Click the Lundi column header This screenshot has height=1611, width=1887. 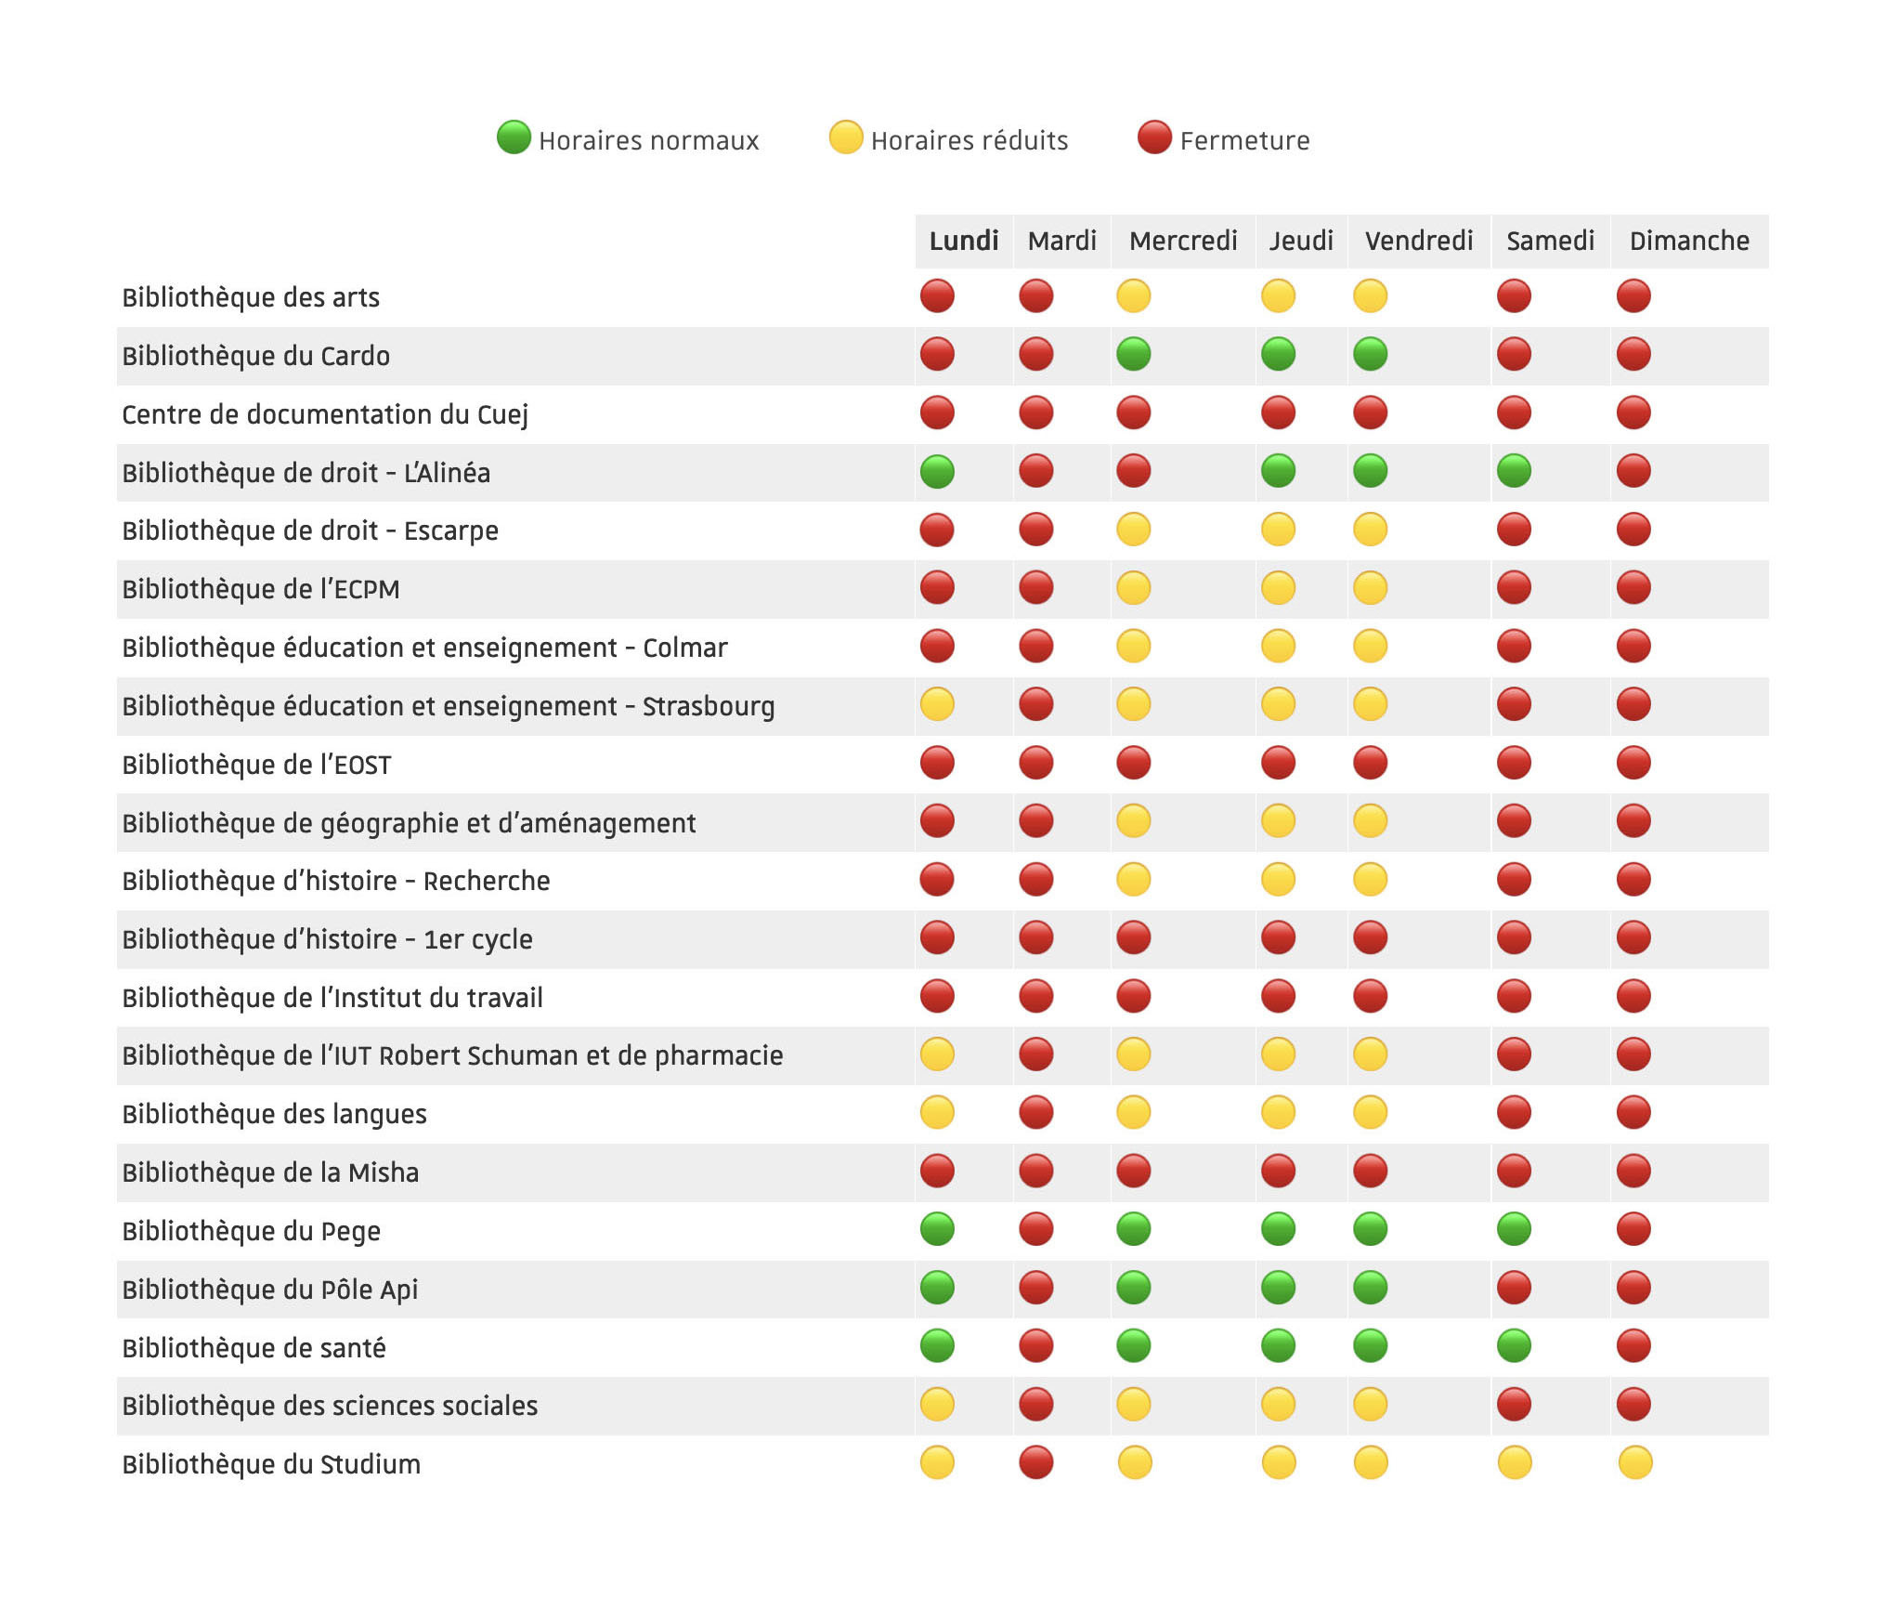tap(963, 242)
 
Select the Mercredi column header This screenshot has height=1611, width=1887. tap(1182, 242)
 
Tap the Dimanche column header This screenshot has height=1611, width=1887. tap(1688, 242)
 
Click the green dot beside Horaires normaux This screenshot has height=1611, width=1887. tap(514, 138)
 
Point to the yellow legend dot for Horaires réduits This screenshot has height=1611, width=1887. tap(846, 138)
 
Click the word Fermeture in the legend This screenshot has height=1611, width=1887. tap(1244, 141)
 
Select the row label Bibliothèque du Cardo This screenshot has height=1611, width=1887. tap(255, 356)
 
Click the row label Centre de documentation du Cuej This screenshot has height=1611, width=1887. tap(324, 414)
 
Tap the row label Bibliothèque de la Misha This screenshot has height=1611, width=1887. tap(270, 1172)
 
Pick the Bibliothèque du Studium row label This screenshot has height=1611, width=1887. tap(271, 1464)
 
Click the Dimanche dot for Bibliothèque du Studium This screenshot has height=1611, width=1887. tap(1634, 1462)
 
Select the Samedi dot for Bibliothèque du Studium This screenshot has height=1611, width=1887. tap(1515, 1462)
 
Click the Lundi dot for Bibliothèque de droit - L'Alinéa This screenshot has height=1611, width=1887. tap(937, 471)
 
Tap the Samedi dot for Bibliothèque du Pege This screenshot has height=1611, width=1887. tap(1515, 1229)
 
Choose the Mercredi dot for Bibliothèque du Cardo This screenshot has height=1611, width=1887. tap(1134, 354)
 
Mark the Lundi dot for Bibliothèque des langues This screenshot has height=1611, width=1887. tap(937, 1112)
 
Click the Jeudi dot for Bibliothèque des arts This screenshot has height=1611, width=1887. tap(1279, 296)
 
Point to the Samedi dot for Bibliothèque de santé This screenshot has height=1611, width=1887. tap(1515, 1345)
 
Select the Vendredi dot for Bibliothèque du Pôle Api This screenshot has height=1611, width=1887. tap(1371, 1288)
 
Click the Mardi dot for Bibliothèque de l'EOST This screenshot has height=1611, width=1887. tap(1035, 763)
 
